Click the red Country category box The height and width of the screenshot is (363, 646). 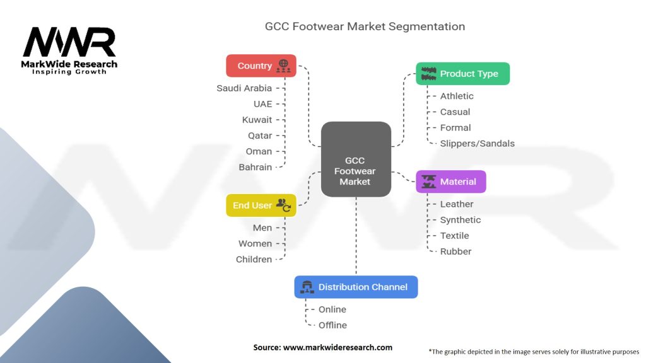point(261,66)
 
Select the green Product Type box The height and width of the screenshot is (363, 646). point(462,74)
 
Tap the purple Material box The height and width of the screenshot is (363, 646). point(450,181)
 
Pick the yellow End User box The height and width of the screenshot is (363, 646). point(261,205)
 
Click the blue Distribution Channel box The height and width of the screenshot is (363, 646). point(356,287)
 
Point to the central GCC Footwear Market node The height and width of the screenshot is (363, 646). point(356,159)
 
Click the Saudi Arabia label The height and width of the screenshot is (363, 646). point(244,88)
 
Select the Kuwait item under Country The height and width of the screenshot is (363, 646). point(257,120)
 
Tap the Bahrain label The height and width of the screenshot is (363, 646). point(255,167)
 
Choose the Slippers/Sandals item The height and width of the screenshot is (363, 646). point(477,143)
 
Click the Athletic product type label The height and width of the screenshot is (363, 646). point(457,96)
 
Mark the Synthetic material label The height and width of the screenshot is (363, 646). point(460,220)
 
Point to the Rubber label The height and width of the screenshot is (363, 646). point(455,251)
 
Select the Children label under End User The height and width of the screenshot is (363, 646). point(254,259)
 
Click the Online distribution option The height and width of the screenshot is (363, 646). point(332,309)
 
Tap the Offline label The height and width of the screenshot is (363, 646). point(332,325)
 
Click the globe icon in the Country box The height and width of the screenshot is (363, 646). point(283,64)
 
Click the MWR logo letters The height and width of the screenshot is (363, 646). point(69,42)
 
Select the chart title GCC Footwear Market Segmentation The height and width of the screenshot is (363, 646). point(365,26)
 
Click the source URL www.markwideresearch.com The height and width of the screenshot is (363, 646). point(338,347)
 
